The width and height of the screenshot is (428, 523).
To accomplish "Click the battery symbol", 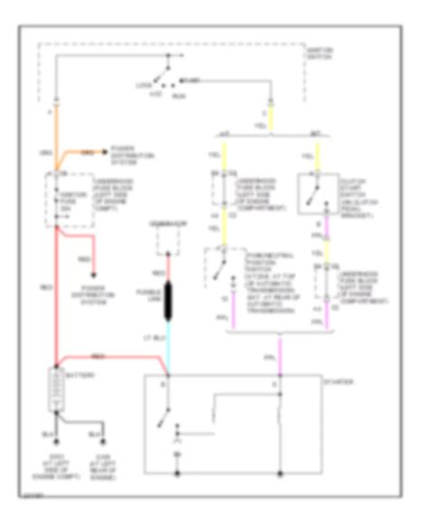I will pyautogui.click(x=58, y=390).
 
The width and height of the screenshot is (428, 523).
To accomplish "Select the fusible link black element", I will pyautogui.click(x=167, y=303).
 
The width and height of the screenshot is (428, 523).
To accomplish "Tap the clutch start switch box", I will pyautogui.click(x=319, y=190).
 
